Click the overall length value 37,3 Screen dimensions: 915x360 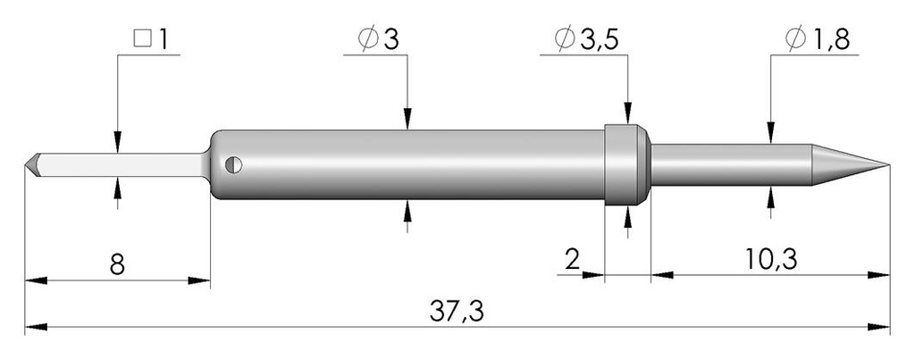click(457, 312)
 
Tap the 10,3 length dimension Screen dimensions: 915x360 click(770, 260)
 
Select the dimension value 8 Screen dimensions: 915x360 click(117, 265)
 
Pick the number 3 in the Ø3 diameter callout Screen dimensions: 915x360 click(391, 40)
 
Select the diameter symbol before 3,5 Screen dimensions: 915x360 click(566, 40)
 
